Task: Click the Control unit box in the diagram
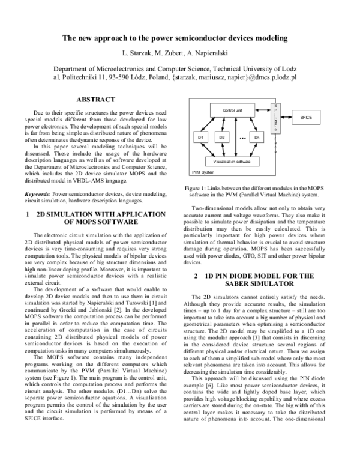(x=232, y=111)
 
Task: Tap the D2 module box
(x=221, y=138)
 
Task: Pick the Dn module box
(x=256, y=138)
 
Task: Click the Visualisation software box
(x=228, y=162)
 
